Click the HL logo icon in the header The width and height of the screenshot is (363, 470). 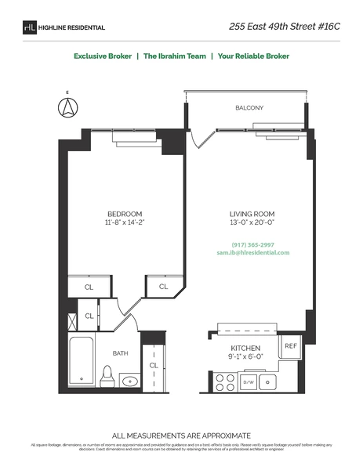click(x=30, y=27)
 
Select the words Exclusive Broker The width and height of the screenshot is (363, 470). click(x=103, y=56)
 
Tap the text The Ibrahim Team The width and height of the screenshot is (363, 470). click(x=171, y=56)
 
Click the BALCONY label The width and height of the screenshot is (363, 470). click(x=249, y=107)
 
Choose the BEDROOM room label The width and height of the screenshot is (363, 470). click(x=125, y=214)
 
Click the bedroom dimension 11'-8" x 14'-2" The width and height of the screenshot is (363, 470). click(x=125, y=223)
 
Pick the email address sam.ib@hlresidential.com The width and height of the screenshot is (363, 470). click(x=252, y=253)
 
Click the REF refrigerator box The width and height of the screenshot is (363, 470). click(x=290, y=345)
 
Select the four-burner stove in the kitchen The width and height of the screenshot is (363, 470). click(x=225, y=382)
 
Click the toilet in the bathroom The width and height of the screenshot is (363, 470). click(x=109, y=376)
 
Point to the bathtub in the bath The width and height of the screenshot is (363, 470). click(x=81, y=362)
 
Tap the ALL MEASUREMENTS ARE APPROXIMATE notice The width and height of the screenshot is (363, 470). click(x=181, y=435)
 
